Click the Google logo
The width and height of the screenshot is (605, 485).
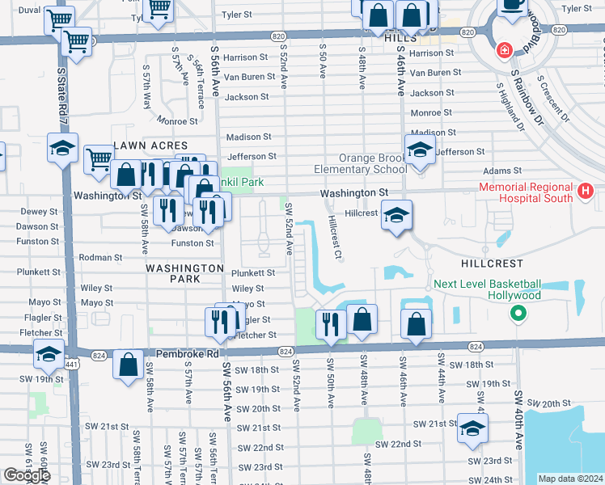pyautogui.click(x=27, y=475)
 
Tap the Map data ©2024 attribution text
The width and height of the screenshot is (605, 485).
pyautogui.click(x=571, y=479)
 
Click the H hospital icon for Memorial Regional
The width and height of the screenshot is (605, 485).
pyautogui.click(x=586, y=192)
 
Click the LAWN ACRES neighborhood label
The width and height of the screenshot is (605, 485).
pyautogui.click(x=150, y=145)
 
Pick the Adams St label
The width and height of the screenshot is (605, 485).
pyautogui.click(x=502, y=171)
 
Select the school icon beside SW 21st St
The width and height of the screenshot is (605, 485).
pyautogui.click(x=472, y=428)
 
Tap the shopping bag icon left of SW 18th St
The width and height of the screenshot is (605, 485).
pyautogui.click(x=128, y=365)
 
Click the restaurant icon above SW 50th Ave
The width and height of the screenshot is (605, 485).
pyautogui.click(x=330, y=323)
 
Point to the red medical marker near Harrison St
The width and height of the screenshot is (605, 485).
pyautogui.click(x=504, y=50)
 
